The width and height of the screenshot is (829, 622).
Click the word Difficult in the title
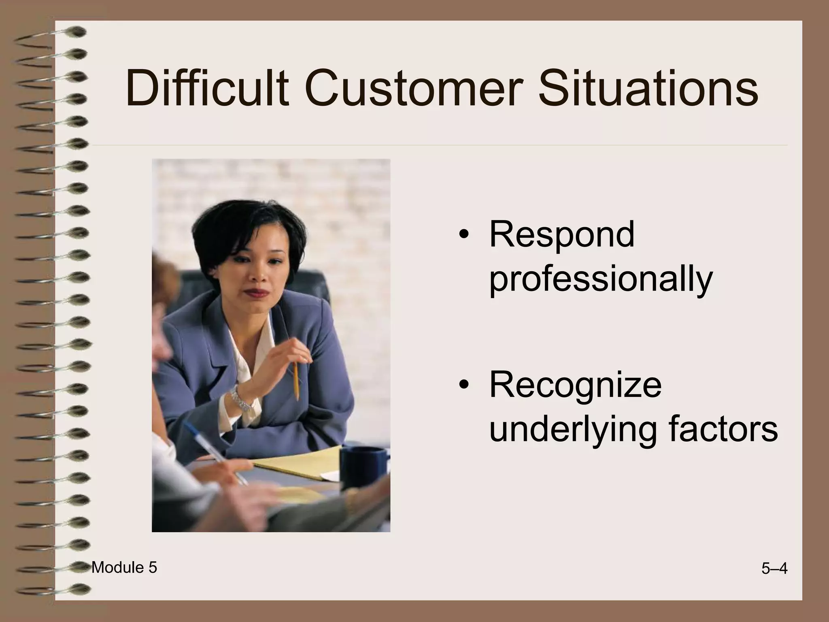[207, 88]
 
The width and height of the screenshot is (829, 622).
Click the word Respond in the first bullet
[561, 235]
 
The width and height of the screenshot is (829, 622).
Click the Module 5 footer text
[124, 568]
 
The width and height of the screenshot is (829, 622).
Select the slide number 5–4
[774, 569]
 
